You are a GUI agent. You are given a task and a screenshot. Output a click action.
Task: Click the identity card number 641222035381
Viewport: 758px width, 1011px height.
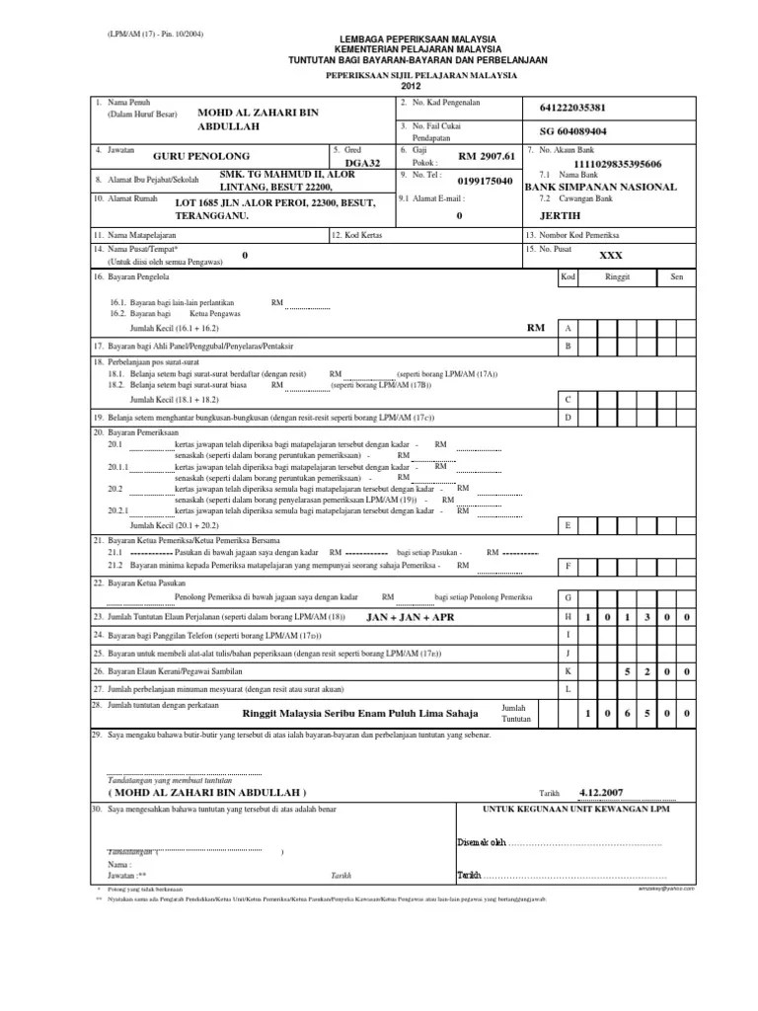573,108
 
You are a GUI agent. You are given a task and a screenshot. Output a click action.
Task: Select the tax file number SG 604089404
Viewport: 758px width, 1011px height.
573,131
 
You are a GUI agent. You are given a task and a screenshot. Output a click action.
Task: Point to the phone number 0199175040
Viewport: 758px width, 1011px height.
486,182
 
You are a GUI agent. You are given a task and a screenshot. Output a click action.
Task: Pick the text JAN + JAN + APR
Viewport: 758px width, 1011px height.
410,616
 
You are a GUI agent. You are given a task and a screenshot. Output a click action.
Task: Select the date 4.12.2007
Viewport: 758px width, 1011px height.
602,791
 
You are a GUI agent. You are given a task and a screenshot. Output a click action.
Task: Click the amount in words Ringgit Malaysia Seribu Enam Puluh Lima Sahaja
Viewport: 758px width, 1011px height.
360,712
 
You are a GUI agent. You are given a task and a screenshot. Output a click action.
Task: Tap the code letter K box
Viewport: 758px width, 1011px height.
568,670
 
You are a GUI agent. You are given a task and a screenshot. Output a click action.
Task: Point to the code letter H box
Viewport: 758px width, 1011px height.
568,616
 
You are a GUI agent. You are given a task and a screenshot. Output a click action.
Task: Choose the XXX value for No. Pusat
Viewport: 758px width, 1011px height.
612,255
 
